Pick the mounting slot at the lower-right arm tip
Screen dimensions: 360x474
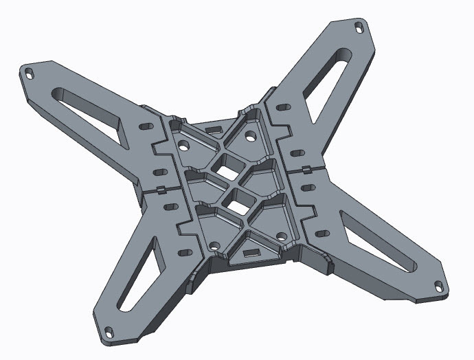[438, 282]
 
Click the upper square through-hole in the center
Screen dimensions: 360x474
[226, 166]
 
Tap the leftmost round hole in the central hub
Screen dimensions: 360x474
[183, 146]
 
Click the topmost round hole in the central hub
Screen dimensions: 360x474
[250, 134]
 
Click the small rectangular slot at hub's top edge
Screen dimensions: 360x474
[214, 129]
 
